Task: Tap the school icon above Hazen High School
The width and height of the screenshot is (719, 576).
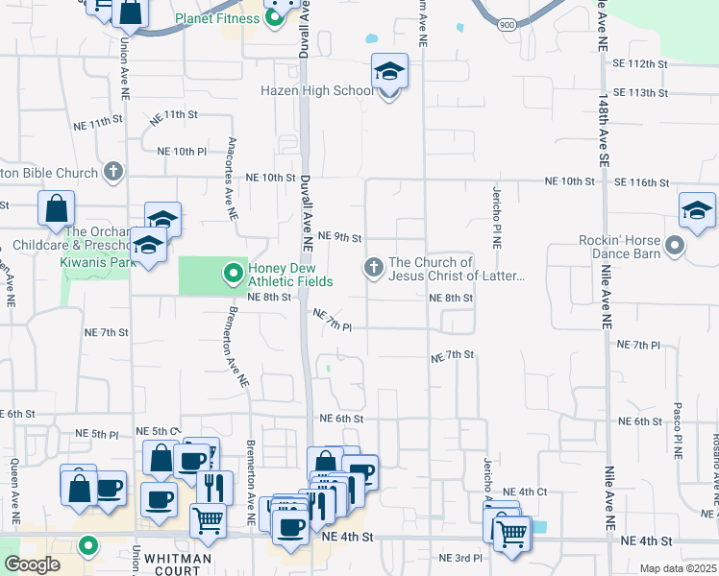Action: coord(389,71)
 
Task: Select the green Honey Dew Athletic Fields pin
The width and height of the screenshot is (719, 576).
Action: coord(232,275)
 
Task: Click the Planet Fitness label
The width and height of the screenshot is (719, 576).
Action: coord(217,18)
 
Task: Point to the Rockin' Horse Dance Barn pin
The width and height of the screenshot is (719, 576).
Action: coord(675,246)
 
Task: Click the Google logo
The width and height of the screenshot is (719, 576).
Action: coord(32,564)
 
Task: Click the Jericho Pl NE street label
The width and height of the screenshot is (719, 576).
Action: coord(497,217)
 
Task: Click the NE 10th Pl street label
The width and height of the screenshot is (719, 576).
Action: coord(182,151)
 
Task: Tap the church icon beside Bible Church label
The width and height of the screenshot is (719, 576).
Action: coord(112,173)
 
